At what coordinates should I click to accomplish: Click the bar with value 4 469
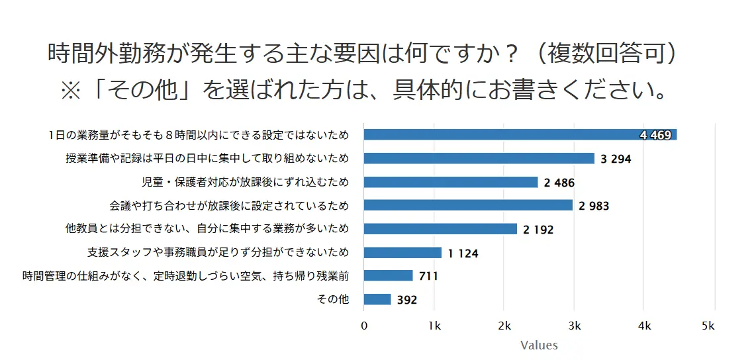503,135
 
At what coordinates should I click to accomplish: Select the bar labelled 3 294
479,158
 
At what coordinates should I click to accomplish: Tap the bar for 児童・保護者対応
451,182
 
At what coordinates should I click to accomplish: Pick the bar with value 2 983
468,205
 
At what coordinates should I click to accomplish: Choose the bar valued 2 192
440,229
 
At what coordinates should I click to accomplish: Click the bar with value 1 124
402,252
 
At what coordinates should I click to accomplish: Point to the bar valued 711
389,275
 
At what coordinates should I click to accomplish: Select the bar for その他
377,299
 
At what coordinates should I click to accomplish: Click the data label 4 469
656,136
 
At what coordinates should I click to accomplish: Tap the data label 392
407,300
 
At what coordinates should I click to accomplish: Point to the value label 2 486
559,183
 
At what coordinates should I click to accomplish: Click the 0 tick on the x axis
364,326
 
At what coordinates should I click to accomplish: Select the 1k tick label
434,326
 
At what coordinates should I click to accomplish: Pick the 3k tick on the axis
575,326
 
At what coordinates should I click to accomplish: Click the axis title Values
539,345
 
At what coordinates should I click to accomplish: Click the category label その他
334,300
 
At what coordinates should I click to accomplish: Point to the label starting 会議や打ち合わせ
228,206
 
